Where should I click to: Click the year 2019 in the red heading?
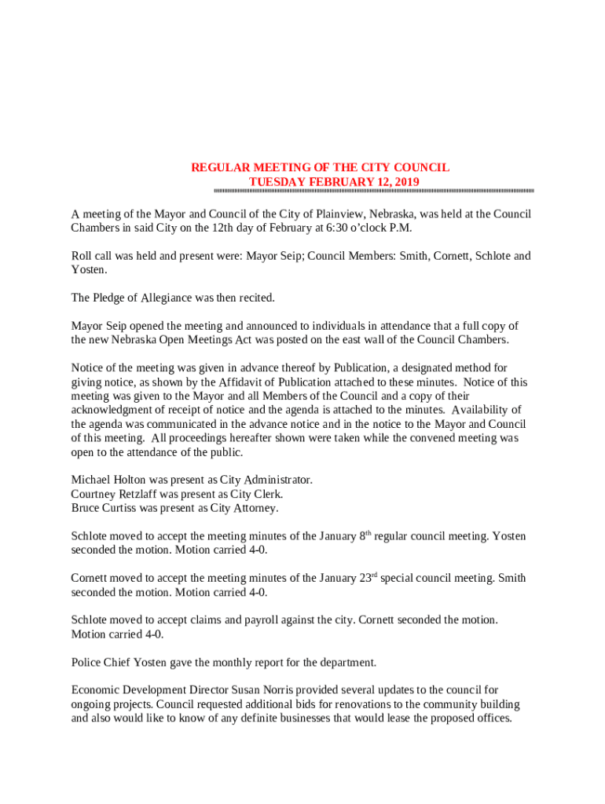[x=406, y=182]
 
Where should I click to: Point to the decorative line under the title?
[x=374, y=192]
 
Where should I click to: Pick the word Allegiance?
[x=169, y=298]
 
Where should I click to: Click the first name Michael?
[x=92, y=480]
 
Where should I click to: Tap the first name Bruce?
[x=86, y=508]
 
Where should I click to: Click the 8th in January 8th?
[x=365, y=536]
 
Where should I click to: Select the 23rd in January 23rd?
[x=370, y=579]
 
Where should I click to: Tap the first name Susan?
[x=232, y=690]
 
